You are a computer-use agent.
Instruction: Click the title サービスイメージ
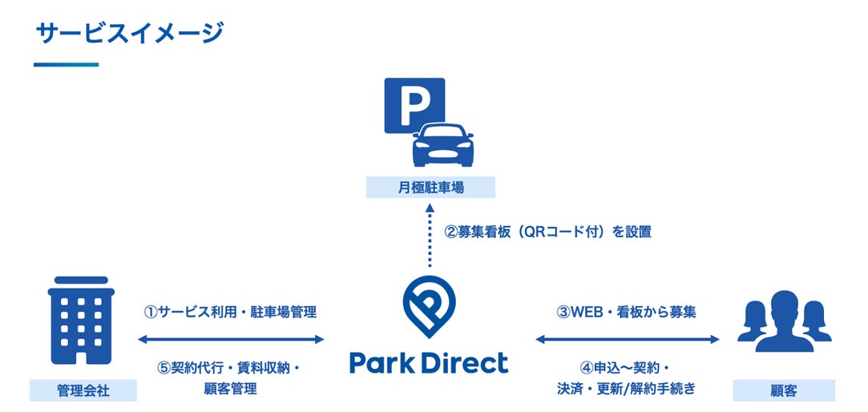[129, 34]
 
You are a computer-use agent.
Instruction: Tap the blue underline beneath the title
[66, 65]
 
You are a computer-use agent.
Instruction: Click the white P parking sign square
[414, 102]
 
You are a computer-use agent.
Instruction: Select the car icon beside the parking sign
[442, 144]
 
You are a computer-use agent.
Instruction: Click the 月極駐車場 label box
[430, 188]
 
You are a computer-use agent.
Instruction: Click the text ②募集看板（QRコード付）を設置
[547, 232]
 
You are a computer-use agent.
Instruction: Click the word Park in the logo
[382, 362]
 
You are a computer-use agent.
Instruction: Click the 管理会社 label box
[83, 391]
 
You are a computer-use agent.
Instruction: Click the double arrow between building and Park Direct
[231, 340]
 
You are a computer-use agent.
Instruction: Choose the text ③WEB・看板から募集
[626, 312]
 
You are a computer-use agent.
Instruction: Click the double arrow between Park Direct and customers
[628, 340]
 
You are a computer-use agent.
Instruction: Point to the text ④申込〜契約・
[626, 368]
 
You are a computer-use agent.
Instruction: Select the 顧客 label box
[784, 391]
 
